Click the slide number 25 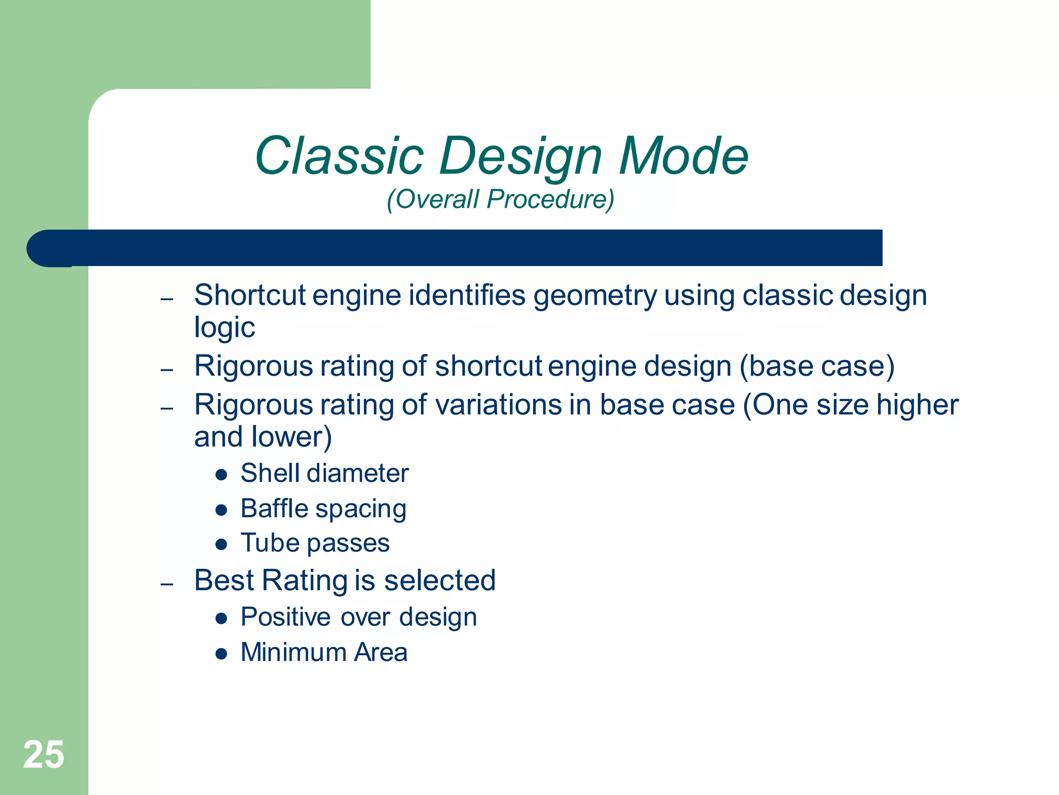click(43, 755)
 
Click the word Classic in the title click(339, 156)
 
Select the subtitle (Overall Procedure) click(500, 199)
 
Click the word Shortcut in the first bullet click(250, 296)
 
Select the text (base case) click(817, 366)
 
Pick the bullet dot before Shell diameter click(221, 475)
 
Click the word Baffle click(275, 508)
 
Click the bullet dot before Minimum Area click(221, 654)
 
